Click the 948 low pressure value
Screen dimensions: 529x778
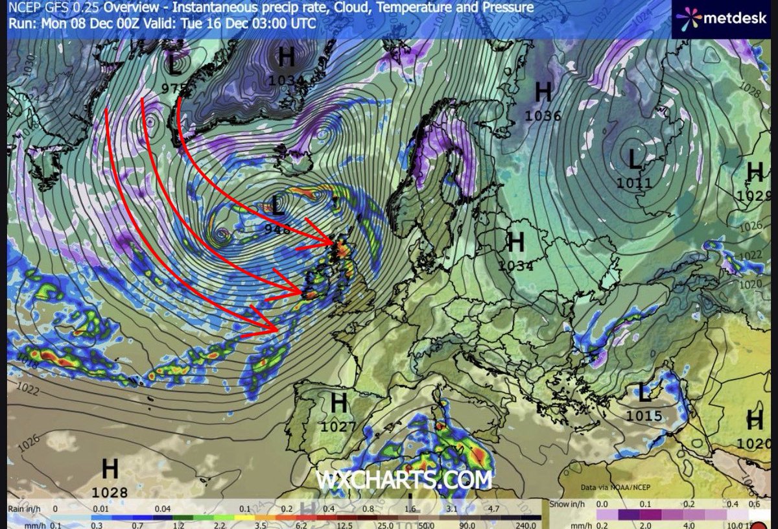[x=277, y=228]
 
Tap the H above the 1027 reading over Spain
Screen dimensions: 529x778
[x=338, y=403]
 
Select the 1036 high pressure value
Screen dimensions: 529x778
[x=543, y=116]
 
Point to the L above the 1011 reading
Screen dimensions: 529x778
[x=634, y=158]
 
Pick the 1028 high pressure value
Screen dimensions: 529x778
[x=110, y=493]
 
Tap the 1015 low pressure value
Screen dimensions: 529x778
[x=644, y=416]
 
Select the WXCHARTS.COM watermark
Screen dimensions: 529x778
[x=403, y=480]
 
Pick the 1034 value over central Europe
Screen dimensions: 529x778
[x=515, y=264]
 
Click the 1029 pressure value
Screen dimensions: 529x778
[x=755, y=194]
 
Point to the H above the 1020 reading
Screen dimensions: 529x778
[x=755, y=420]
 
